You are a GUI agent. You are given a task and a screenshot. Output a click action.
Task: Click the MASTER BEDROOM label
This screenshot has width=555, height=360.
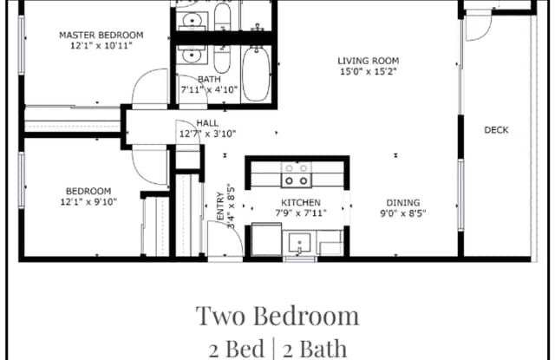(101, 36)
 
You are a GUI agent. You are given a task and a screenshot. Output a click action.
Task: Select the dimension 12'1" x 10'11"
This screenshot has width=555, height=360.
(101, 47)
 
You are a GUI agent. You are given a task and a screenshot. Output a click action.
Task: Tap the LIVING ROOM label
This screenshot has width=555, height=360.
(368, 61)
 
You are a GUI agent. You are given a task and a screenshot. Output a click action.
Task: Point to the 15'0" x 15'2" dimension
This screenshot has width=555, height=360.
(368, 72)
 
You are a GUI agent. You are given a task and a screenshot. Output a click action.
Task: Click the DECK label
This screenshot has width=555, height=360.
(496, 130)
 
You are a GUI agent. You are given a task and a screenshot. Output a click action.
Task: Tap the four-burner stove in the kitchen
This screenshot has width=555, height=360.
(296, 176)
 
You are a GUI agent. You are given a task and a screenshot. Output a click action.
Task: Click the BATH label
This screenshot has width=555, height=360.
(208, 79)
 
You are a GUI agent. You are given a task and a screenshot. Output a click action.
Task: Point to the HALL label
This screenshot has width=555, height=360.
(208, 123)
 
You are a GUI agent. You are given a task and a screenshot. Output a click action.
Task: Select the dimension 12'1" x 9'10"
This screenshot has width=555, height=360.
(89, 202)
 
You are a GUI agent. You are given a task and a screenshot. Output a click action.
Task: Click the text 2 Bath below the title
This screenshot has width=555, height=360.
(314, 349)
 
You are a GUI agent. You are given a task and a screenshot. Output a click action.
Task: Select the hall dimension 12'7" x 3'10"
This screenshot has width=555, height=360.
(208, 134)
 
